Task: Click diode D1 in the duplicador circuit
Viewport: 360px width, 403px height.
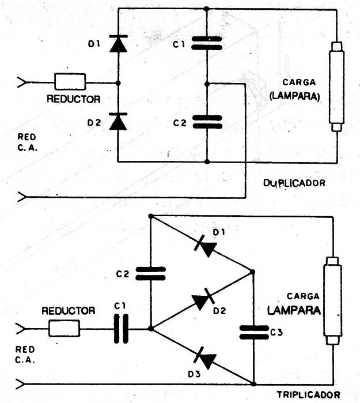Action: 118,45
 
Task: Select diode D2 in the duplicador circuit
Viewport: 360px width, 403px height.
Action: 118,122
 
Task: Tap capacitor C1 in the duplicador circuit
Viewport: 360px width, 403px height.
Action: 206,44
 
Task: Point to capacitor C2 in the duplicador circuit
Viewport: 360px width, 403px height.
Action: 206,121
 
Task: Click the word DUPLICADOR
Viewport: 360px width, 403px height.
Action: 294,183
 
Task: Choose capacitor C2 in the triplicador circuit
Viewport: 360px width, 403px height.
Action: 150,273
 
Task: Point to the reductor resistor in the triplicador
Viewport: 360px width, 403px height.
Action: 64,329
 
